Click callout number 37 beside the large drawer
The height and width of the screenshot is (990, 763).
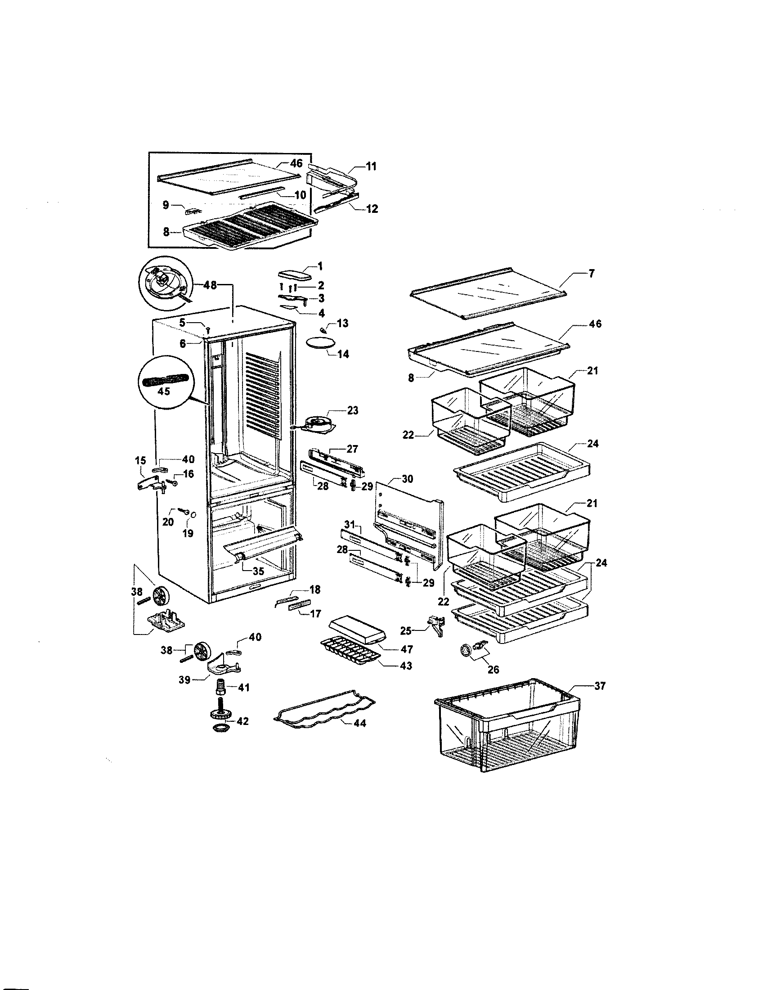pyautogui.click(x=600, y=686)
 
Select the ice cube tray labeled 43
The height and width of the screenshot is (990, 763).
pyautogui.click(x=346, y=653)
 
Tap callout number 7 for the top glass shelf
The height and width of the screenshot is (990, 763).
pyautogui.click(x=592, y=273)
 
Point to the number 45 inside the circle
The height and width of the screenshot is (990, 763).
pyautogui.click(x=164, y=391)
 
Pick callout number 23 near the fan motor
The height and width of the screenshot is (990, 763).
pyautogui.click(x=353, y=410)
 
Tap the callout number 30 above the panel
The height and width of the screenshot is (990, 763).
pyautogui.click(x=407, y=479)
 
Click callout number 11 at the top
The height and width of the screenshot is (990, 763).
pyautogui.click(x=371, y=166)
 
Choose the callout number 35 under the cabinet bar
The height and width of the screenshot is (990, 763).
pyautogui.click(x=258, y=571)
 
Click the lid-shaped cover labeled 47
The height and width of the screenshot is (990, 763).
pyautogui.click(x=358, y=632)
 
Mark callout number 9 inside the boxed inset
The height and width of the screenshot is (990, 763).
pyautogui.click(x=166, y=205)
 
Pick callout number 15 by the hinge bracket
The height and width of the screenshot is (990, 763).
pyautogui.click(x=140, y=460)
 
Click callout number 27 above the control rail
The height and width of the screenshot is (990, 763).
pyautogui.click(x=352, y=449)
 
